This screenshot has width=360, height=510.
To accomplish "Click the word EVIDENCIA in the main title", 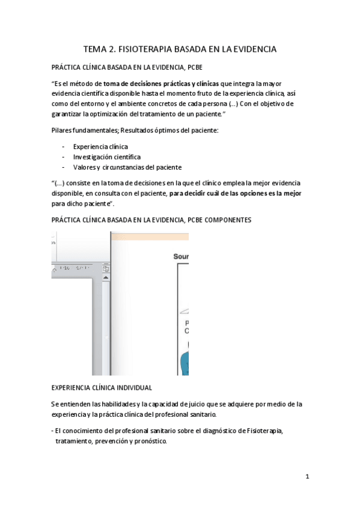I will tap(250, 49).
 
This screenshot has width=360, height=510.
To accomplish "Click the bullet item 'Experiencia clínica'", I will tap(100, 146).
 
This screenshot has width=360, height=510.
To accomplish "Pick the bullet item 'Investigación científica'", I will tap(107, 156).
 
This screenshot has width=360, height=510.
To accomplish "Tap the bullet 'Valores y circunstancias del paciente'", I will tap(127, 167).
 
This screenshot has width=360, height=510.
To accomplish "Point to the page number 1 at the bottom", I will tap(307, 477).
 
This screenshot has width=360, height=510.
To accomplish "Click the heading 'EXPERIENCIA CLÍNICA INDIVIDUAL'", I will tap(102, 388).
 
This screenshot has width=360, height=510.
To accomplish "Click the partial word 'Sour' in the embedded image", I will tap(181, 256).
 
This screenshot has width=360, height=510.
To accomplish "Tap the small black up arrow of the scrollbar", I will tap(106, 277).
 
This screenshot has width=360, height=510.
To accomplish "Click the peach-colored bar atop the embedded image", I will tap(150, 236).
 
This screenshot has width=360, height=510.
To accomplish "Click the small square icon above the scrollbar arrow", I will tap(106, 268).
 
